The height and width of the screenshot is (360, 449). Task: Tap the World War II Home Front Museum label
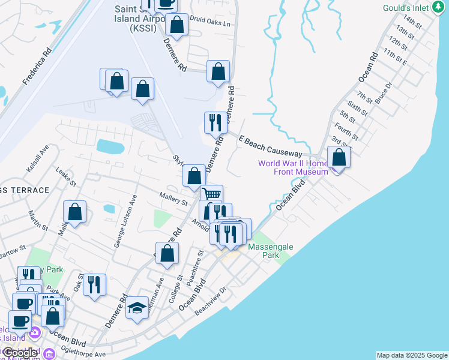coord(294,167)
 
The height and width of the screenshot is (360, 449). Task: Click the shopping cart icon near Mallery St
coord(211,194)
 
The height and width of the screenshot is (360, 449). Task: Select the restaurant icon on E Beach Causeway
coord(215,122)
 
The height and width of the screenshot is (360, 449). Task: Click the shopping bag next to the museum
coord(339,157)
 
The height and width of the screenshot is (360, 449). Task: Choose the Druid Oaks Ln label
coord(209,24)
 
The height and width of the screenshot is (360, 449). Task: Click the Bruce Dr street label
coord(383,93)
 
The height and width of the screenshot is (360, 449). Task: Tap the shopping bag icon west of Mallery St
coord(74,212)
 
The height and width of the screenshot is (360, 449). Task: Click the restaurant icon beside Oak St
coord(94,284)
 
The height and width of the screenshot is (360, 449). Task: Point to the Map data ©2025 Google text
coord(412,355)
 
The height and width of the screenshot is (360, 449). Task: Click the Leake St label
coord(64,177)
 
